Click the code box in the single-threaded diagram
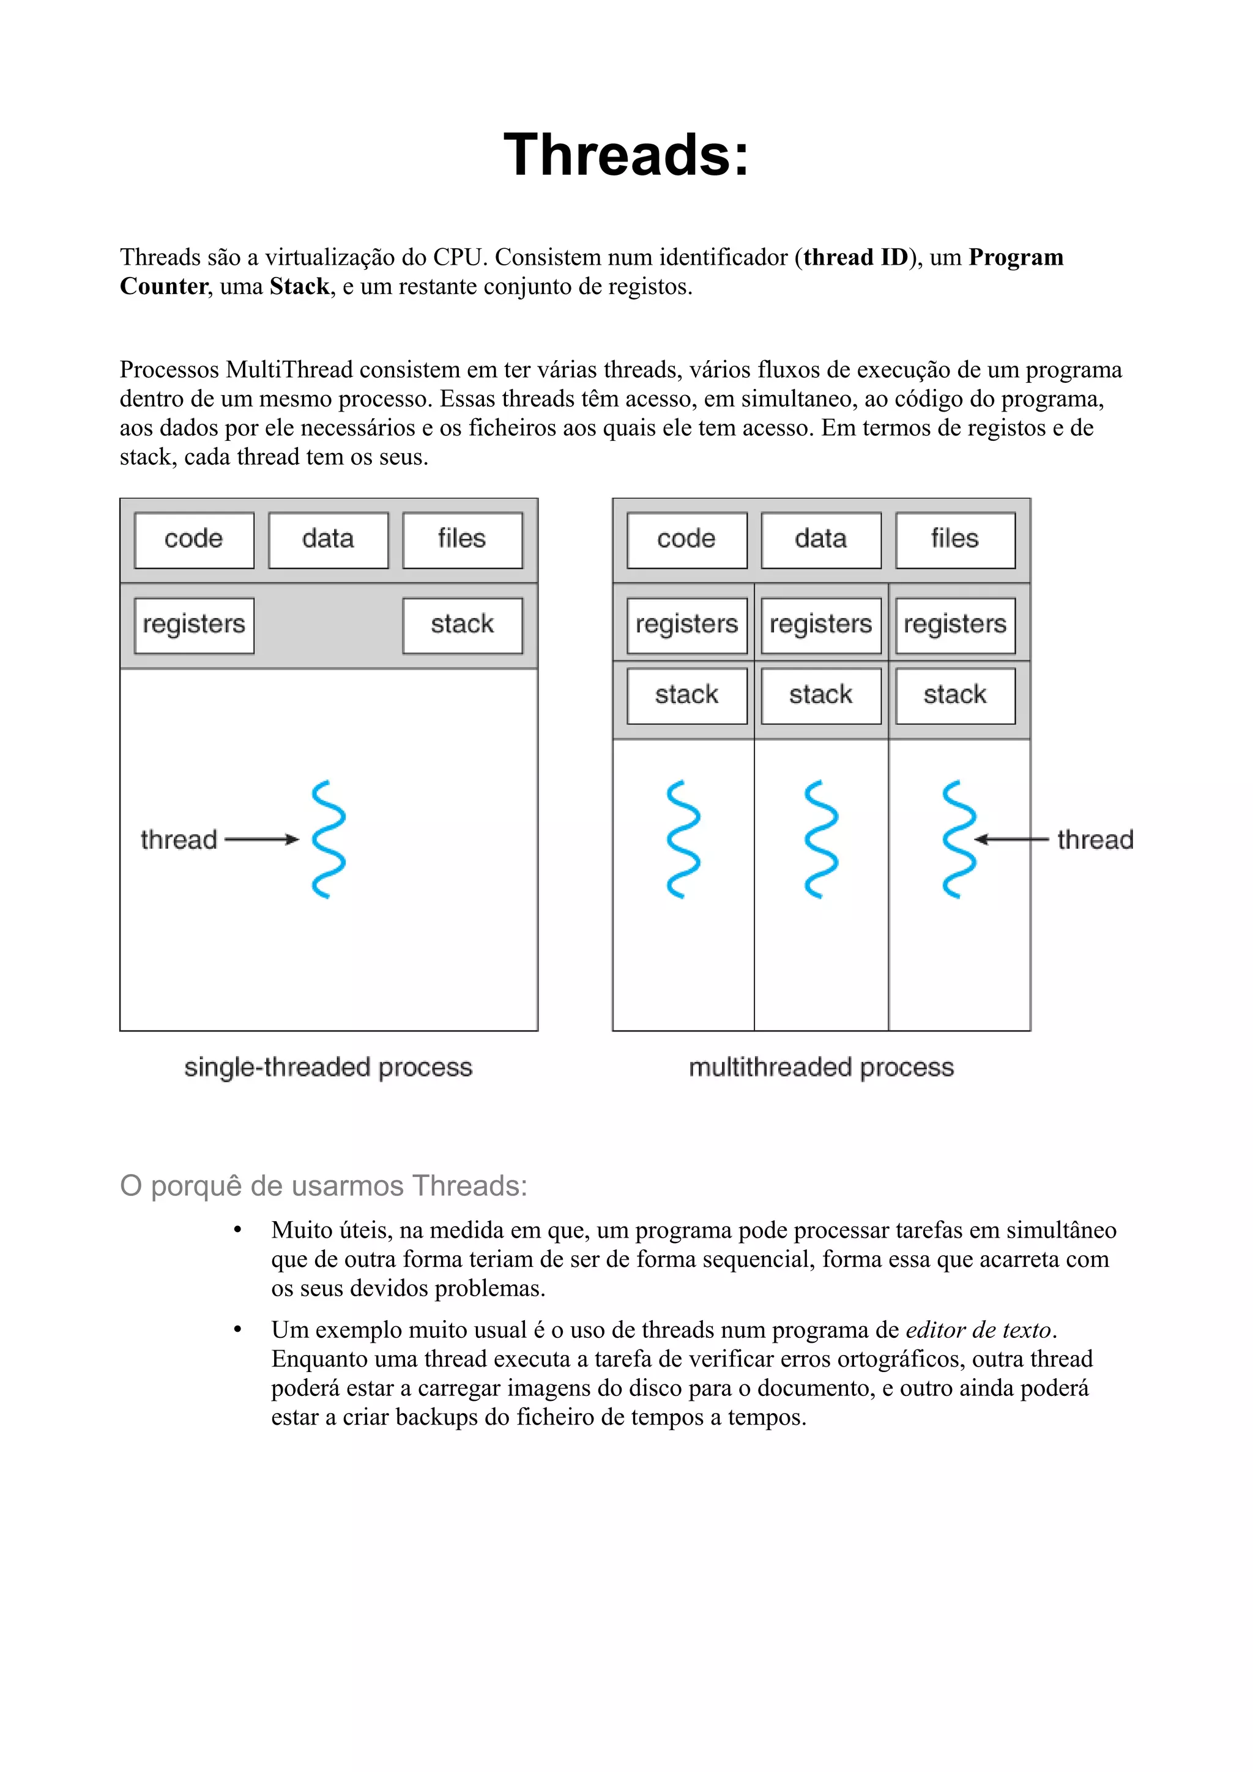click(x=194, y=539)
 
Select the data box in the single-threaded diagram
click(x=328, y=539)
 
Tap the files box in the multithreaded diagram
click(x=955, y=539)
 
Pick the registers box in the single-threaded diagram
click(x=194, y=624)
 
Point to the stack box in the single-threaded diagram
click(x=462, y=624)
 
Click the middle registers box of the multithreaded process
click(x=820, y=624)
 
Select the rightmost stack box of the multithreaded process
click(x=955, y=695)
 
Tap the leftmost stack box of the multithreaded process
click(x=686, y=695)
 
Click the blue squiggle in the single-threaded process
click(x=328, y=839)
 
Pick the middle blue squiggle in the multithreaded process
click(x=820, y=839)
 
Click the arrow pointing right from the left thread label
click(x=262, y=839)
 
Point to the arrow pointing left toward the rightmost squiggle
click(x=1011, y=839)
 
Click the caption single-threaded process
click(x=328, y=1068)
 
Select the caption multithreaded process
click(x=820, y=1068)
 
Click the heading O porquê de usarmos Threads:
click(x=324, y=1186)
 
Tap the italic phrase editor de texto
click(x=978, y=1330)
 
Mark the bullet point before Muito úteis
click(x=238, y=1230)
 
